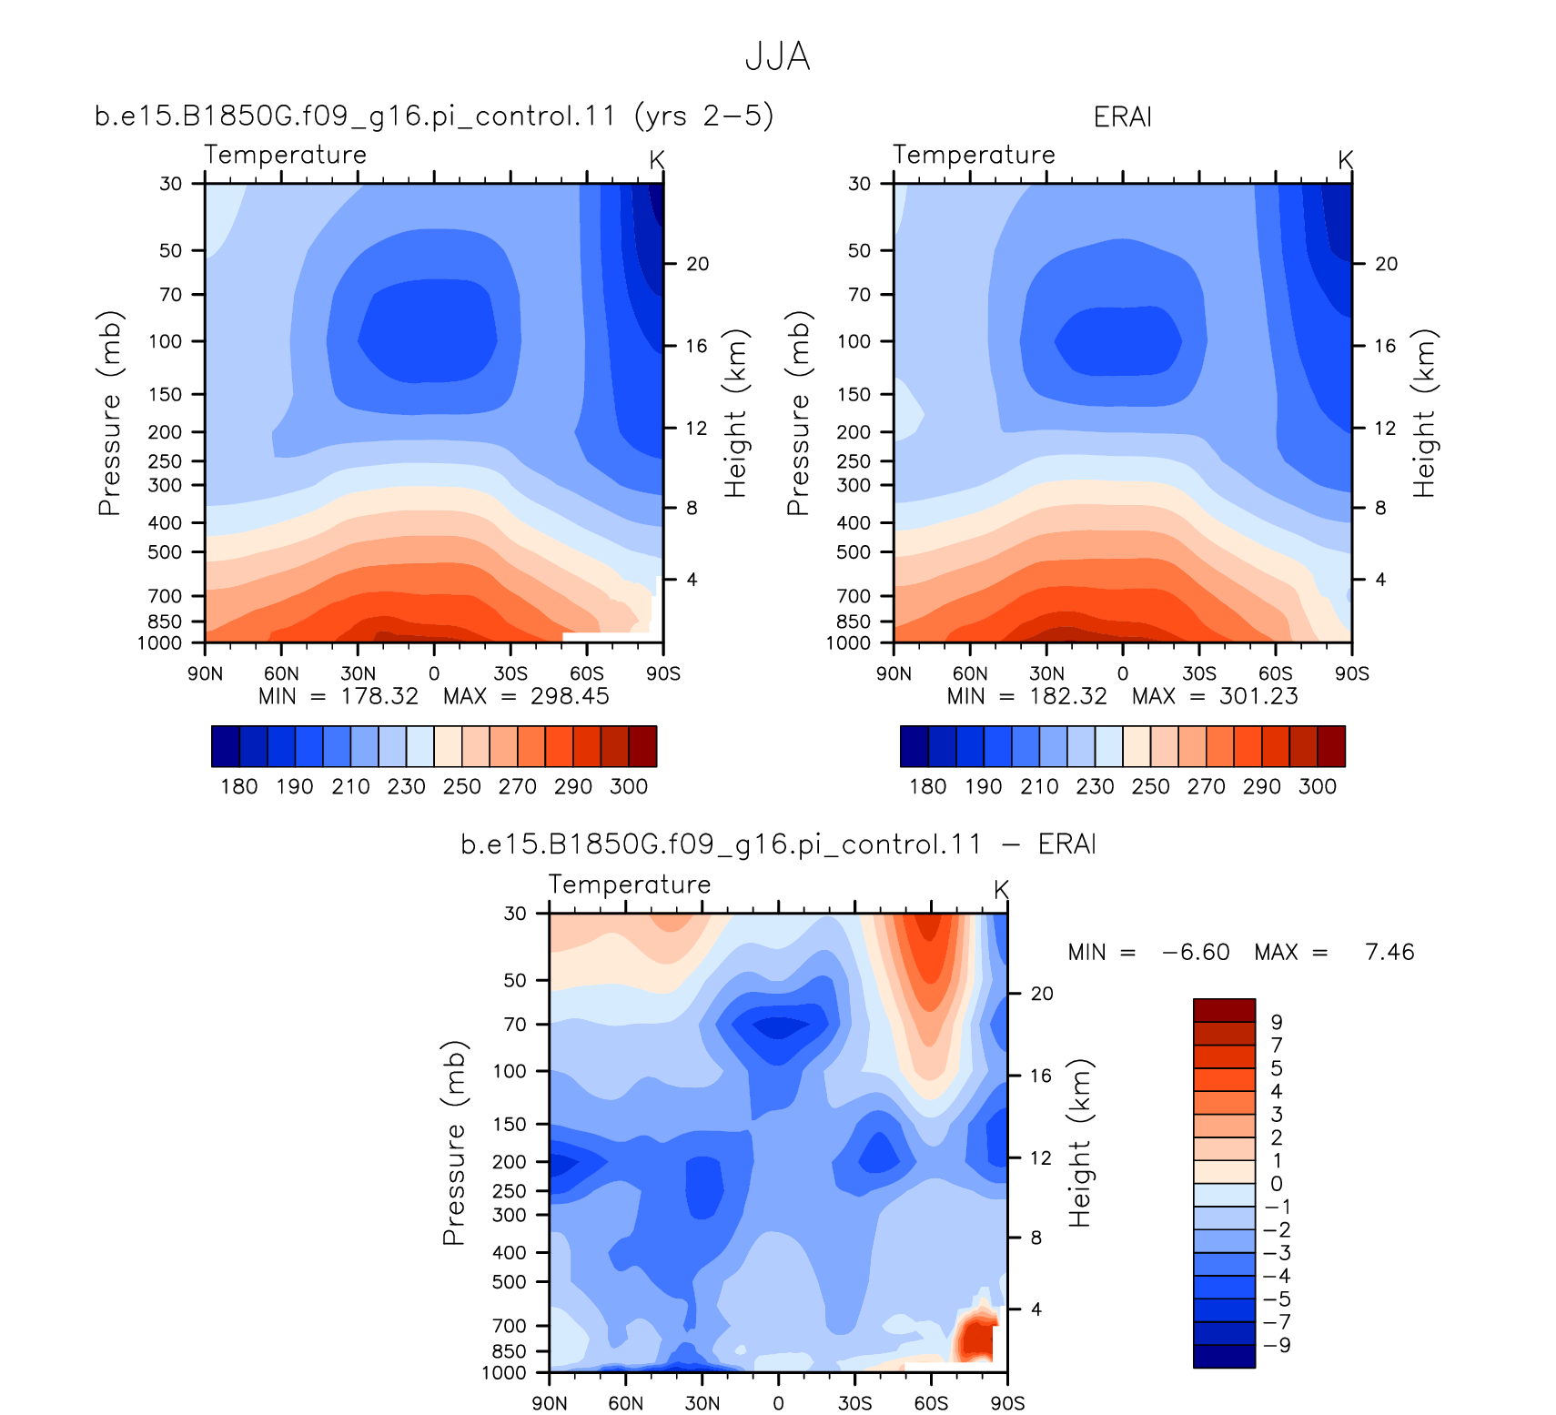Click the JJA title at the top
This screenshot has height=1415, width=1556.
pyautogui.click(x=777, y=56)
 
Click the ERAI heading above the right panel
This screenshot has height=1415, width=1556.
pyautogui.click(x=1123, y=116)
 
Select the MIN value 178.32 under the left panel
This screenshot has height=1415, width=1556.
pyautogui.click(x=379, y=696)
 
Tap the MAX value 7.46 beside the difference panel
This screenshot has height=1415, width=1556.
pyautogui.click(x=1389, y=952)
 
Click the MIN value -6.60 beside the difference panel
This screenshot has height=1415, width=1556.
pyautogui.click(x=1196, y=952)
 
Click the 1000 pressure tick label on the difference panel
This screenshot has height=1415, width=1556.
pyautogui.click(x=504, y=1372)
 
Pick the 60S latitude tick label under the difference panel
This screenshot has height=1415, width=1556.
pyautogui.click(x=931, y=1403)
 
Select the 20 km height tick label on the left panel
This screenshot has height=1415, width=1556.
pyautogui.click(x=698, y=264)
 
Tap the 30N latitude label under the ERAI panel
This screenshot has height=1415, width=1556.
pyautogui.click(x=1046, y=673)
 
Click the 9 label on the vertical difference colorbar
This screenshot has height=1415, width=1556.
pyautogui.click(x=1277, y=1022)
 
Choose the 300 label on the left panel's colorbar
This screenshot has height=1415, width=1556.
pyautogui.click(x=629, y=786)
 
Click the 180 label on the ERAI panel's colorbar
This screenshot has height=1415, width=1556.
pyautogui.click(x=927, y=786)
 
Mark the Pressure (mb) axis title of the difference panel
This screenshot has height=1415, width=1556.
pyautogui.click(x=454, y=1143)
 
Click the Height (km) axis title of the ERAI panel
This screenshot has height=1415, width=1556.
pyautogui.click(x=1424, y=413)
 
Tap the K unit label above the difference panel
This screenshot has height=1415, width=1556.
pyautogui.click(x=1001, y=889)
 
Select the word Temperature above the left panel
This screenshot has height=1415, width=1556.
pyautogui.click(x=285, y=155)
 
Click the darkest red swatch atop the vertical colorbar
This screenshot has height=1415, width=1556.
pyautogui.click(x=1224, y=1010)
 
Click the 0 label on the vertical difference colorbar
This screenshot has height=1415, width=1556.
pyautogui.click(x=1277, y=1183)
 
